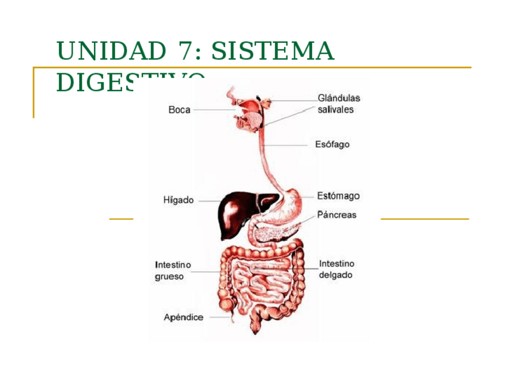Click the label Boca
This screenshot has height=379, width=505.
[179, 110]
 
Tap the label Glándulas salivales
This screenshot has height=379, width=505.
[338, 104]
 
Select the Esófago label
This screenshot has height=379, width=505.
[332, 144]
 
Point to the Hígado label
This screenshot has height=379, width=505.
[179, 200]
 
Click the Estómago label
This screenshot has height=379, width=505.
[338, 196]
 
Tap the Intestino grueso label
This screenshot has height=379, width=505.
[173, 271]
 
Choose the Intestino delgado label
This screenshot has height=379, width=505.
[336, 269]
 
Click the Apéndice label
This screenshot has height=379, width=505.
[183, 318]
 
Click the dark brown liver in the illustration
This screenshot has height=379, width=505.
[235, 212]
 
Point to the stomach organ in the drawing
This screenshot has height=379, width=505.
[292, 203]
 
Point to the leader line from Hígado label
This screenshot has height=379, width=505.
[208, 201]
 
